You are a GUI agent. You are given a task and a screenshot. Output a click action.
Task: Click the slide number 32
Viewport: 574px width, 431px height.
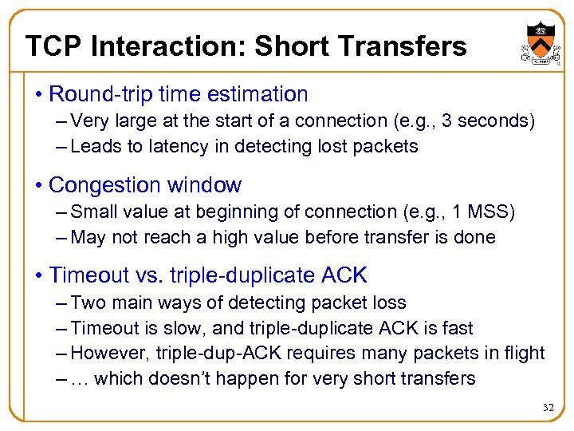click(x=548, y=408)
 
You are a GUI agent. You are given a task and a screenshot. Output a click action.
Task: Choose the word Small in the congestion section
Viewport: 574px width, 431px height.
click(x=95, y=212)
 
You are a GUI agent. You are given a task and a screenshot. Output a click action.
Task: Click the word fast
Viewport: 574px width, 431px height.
click(x=457, y=328)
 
